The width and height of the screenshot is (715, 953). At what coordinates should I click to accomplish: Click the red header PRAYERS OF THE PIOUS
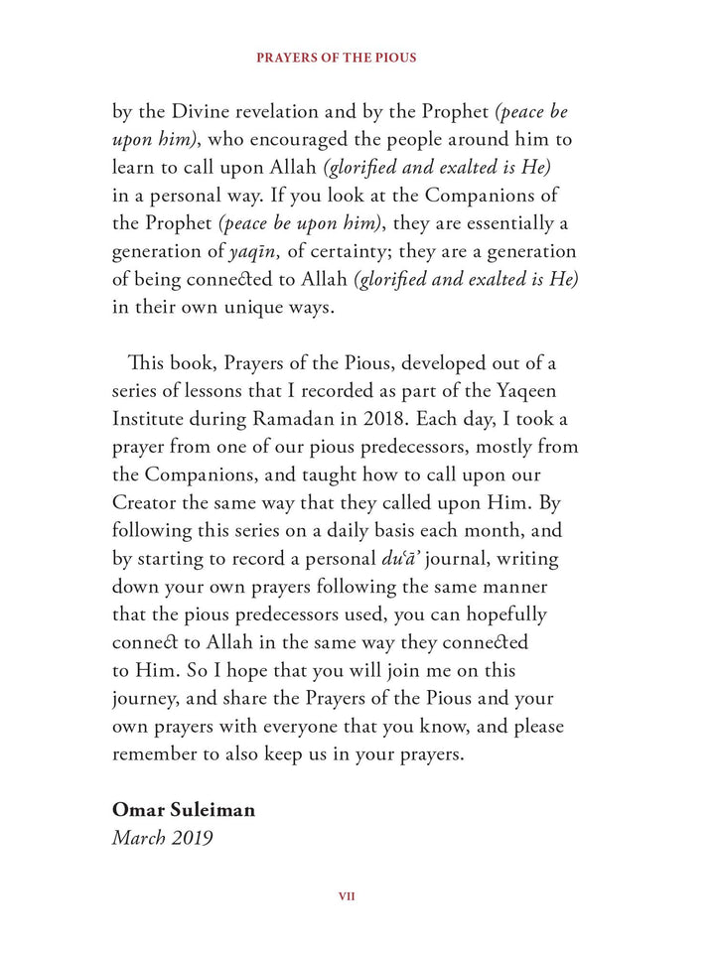(x=337, y=58)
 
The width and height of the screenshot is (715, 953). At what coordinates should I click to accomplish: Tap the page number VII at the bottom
(x=348, y=896)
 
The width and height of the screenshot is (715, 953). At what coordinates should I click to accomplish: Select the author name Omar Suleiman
(x=184, y=810)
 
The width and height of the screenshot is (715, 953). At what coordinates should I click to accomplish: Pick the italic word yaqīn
(x=253, y=252)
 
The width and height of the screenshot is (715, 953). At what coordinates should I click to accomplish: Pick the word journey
(x=148, y=699)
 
